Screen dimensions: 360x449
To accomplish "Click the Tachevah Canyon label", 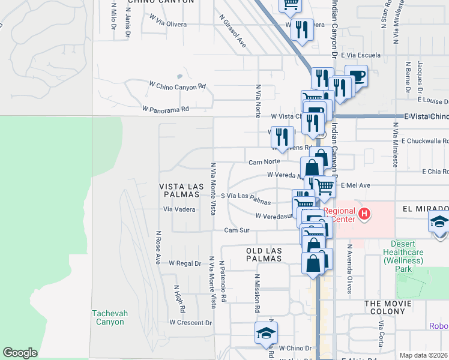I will (x=108, y=317).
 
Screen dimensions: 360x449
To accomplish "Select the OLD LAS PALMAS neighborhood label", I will (x=264, y=254).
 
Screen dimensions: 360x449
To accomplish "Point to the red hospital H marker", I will (x=363, y=214).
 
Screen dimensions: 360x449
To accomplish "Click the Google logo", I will (x=20, y=353).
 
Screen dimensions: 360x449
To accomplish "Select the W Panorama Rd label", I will (x=166, y=109).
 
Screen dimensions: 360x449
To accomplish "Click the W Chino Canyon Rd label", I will (x=177, y=86).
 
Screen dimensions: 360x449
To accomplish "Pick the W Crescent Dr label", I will (x=190, y=322).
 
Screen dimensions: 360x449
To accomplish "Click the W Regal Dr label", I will (x=184, y=263).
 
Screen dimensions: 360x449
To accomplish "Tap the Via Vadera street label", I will (x=179, y=209).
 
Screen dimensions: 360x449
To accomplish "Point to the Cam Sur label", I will (x=237, y=230).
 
